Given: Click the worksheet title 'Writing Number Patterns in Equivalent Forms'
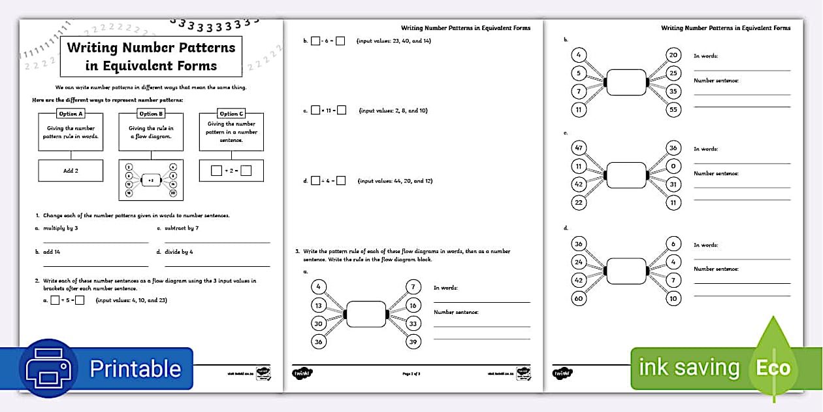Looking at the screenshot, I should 151,56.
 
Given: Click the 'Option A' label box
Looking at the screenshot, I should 71,114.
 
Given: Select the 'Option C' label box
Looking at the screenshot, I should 231,114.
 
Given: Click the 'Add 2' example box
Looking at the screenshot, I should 71,170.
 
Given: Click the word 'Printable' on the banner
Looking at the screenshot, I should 135,369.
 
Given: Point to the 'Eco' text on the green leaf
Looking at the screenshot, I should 773,368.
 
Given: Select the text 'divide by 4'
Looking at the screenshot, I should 179,252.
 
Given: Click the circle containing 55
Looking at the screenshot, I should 673,109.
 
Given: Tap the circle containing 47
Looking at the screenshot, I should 579,148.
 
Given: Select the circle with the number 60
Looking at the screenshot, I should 579,299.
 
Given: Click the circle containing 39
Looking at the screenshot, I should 413,341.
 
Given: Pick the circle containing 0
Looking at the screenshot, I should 673,166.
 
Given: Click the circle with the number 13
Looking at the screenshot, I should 318,305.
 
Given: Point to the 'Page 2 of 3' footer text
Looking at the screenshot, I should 411,373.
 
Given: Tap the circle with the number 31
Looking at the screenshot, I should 673,184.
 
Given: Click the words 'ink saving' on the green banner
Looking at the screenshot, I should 688,368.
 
